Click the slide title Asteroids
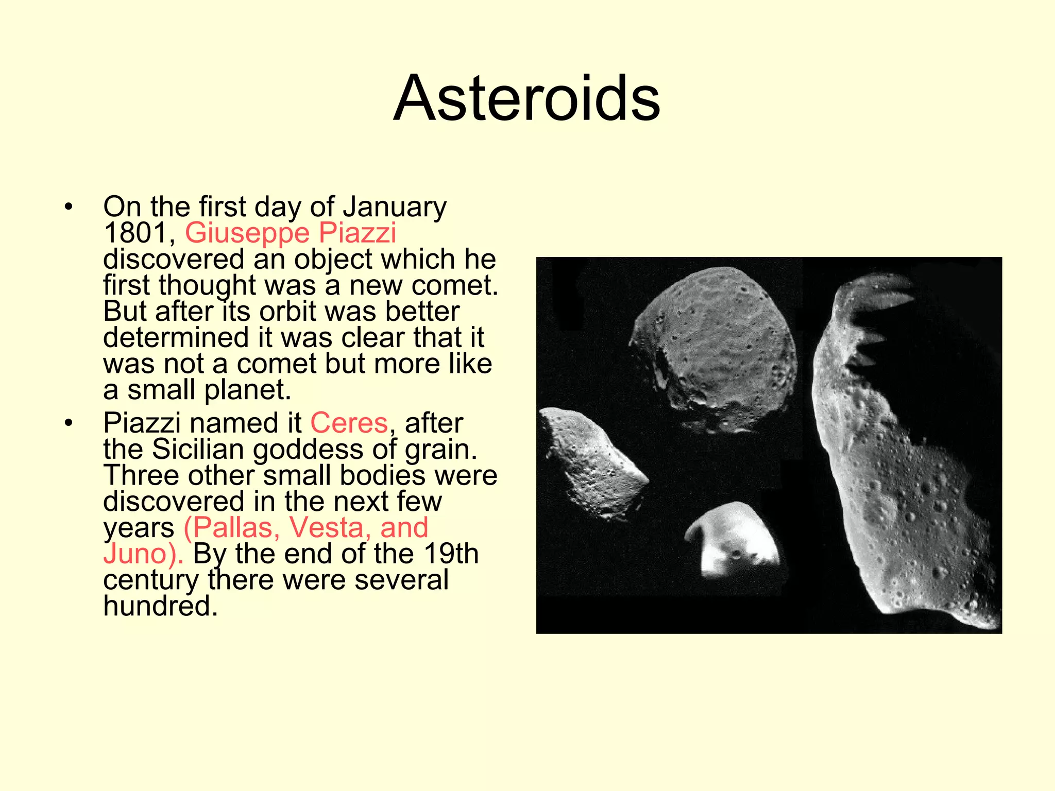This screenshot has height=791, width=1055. click(526, 98)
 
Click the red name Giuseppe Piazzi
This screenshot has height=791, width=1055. click(291, 233)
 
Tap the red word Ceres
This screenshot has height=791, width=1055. click(349, 423)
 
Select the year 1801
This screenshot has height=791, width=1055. click(135, 233)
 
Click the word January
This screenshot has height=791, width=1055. click(395, 207)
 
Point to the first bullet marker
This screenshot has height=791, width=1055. click(69, 208)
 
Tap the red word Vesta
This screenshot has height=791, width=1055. click(327, 528)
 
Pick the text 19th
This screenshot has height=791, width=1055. click(451, 554)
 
